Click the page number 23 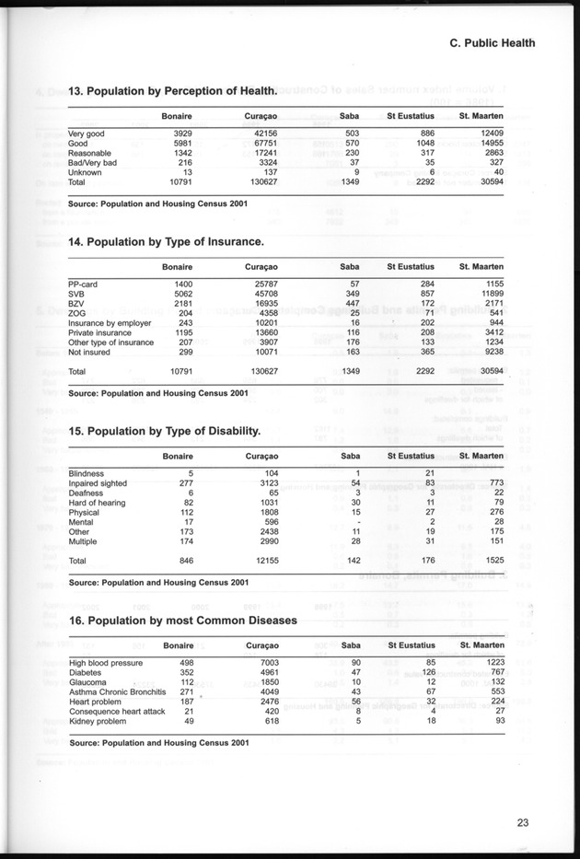tap(522, 823)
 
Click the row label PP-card tap(83, 284)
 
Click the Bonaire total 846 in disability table tap(182, 561)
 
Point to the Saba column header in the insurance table tap(350, 267)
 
